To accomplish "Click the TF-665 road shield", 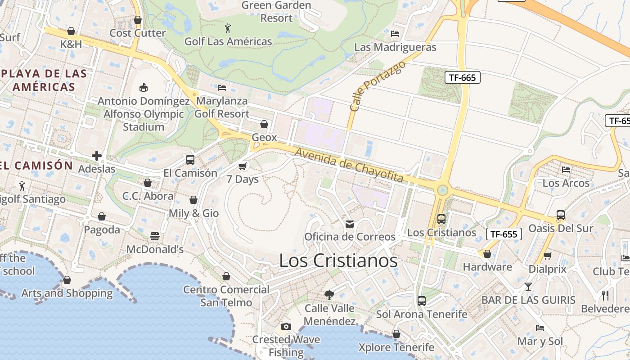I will (x=462, y=77).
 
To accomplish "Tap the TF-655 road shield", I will (x=504, y=234).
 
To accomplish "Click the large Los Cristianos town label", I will (x=338, y=261).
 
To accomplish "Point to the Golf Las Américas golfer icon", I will (x=228, y=29).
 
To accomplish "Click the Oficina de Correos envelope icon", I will (x=350, y=224).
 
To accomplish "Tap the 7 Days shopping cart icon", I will (x=243, y=166).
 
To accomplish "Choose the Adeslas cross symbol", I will (x=97, y=156).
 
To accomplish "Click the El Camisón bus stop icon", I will (x=190, y=160).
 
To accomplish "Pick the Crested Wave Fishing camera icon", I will (x=286, y=326).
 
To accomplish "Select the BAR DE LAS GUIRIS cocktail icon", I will (x=528, y=287).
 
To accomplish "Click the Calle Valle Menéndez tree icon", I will (x=329, y=295).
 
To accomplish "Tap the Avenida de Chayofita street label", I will (x=349, y=165).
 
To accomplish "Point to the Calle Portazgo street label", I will (x=377, y=86).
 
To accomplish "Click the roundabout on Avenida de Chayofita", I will (x=443, y=190).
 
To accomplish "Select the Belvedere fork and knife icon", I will (x=605, y=295).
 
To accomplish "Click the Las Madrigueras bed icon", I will (x=395, y=34).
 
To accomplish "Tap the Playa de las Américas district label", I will (x=44, y=80).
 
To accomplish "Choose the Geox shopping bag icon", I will (x=264, y=124).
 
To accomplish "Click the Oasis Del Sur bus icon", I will (x=560, y=215).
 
